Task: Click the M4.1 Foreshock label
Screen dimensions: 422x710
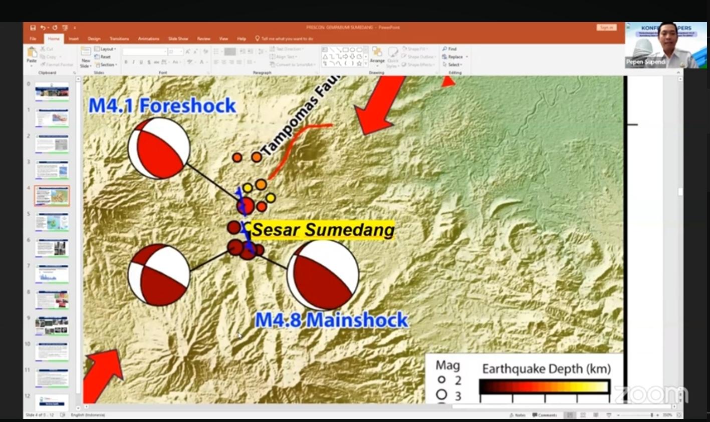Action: click(x=162, y=106)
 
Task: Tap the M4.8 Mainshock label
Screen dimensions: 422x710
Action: click(x=331, y=320)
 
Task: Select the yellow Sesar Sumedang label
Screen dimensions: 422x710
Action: click(x=323, y=230)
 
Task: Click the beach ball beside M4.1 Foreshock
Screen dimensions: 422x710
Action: click(x=159, y=148)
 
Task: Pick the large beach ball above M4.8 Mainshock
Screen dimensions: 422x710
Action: click(x=323, y=275)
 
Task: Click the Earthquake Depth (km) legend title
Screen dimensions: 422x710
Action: click(x=546, y=369)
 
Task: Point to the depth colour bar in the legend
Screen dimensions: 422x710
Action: click(x=544, y=386)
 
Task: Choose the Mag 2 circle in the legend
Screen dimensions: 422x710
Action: click(x=441, y=380)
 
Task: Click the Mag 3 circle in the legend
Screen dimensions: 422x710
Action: click(x=441, y=395)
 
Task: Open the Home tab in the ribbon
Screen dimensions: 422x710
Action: click(x=54, y=39)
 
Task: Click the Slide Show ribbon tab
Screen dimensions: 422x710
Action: click(x=178, y=39)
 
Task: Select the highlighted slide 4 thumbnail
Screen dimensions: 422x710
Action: click(x=52, y=196)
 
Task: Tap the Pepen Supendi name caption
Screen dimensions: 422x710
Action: click(x=645, y=62)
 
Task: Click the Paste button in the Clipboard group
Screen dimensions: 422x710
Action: click(x=32, y=55)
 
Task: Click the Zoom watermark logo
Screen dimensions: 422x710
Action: click(x=651, y=394)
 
